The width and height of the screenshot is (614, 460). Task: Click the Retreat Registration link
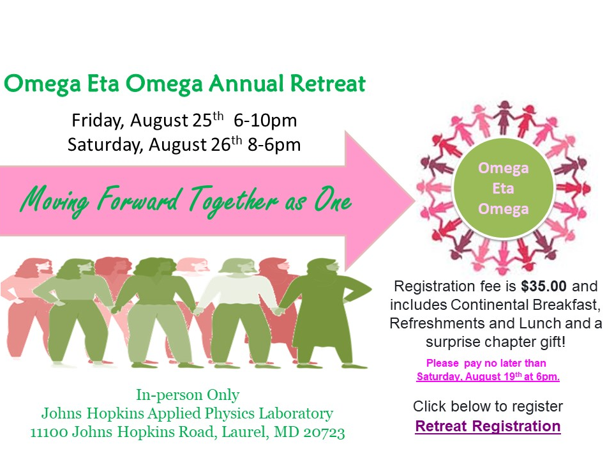pos(488,426)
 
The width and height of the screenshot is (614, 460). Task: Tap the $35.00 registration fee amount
pos(544,286)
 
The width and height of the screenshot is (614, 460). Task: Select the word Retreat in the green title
pos(327,83)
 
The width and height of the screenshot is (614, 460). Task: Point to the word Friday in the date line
pos(98,120)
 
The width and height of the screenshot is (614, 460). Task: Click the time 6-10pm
pos(265,120)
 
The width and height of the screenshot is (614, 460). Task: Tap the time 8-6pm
pos(274,144)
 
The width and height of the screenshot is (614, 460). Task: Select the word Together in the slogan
pos(234,200)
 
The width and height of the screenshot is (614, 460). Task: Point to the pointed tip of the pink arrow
pos(414,201)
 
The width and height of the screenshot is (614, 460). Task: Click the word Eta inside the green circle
pos(503,188)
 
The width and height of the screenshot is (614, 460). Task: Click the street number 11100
pos(49,432)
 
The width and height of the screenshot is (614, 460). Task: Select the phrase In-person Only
pos(188,395)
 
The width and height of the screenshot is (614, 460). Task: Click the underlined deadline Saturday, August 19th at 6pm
pos(488,376)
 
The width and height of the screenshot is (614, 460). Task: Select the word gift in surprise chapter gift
pos(552,342)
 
